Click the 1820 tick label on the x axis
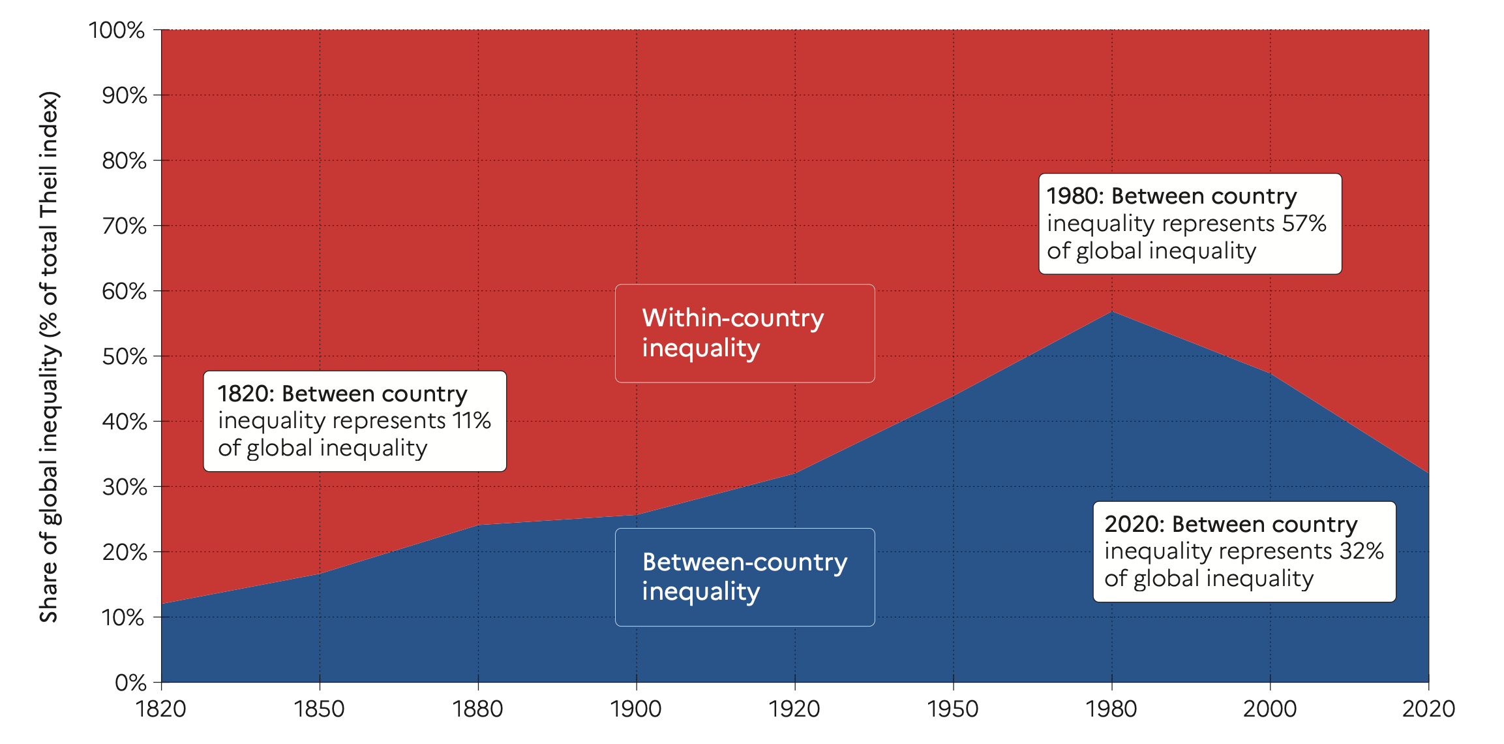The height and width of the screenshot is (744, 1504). pyautogui.click(x=160, y=709)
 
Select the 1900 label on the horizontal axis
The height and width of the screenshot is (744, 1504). pyautogui.click(x=636, y=709)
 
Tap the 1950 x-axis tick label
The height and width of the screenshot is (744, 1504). pyautogui.click(x=953, y=709)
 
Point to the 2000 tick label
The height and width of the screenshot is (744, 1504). pyautogui.click(x=1269, y=709)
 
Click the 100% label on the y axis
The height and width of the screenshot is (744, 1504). pyautogui.click(x=117, y=30)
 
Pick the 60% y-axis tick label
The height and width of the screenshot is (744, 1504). pyautogui.click(x=124, y=291)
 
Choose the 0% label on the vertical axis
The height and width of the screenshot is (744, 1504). pyautogui.click(x=130, y=683)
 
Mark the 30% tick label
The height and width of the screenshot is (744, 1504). pyautogui.click(x=124, y=487)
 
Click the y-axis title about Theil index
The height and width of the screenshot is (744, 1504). pyautogui.click(x=50, y=356)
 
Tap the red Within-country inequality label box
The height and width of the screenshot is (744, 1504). pyautogui.click(x=744, y=333)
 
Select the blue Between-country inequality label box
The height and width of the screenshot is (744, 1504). pyautogui.click(x=744, y=577)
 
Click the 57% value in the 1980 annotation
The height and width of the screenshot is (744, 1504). pyautogui.click(x=1304, y=224)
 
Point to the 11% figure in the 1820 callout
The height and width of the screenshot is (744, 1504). pyautogui.click(x=472, y=421)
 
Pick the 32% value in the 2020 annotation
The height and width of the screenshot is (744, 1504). pyautogui.click(x=1361, y=551)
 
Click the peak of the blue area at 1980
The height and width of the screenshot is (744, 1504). pyautogui.click(x=1111, y=312)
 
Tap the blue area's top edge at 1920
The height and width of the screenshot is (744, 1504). pyautogui.click(x=794, y=473)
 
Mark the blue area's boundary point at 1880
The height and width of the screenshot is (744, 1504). pyautogui.click(x=478, y=525)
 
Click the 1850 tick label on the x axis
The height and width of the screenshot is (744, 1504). pyautogui.click(x=319, y=709)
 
